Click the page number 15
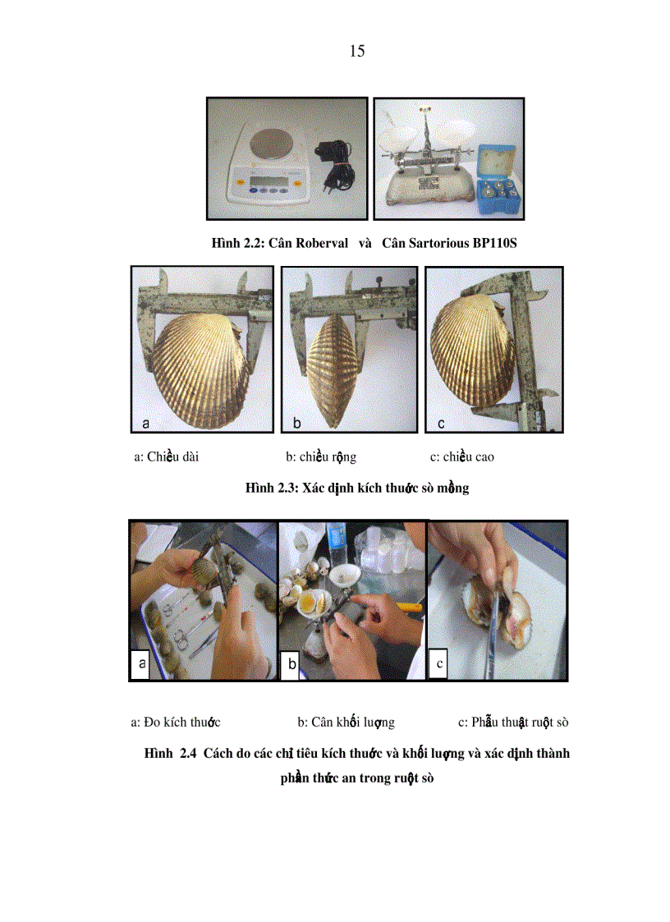coord(356,51)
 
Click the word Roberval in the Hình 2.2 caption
coord(310,244)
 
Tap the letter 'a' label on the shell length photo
coord(146,424)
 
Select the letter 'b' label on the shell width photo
coord(297,424)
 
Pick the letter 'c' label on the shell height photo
coord(441,424)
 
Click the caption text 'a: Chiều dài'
coord(166,456)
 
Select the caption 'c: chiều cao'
coord(461,456)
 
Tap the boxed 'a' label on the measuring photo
coord(141,664)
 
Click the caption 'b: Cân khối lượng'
coord(346,722)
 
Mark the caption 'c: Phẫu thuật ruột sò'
coord(513,722)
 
